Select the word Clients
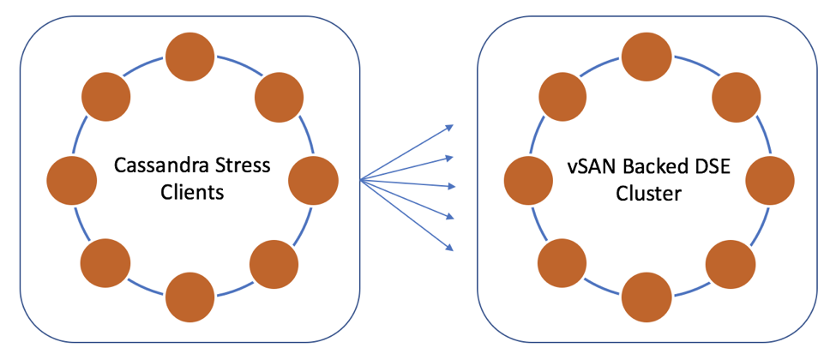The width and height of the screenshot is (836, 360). (192, 192)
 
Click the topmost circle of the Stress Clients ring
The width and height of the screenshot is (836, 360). (190, 57)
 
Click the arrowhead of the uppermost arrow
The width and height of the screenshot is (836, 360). (450, 127)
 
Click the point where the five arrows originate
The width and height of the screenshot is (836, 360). (361, 180)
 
